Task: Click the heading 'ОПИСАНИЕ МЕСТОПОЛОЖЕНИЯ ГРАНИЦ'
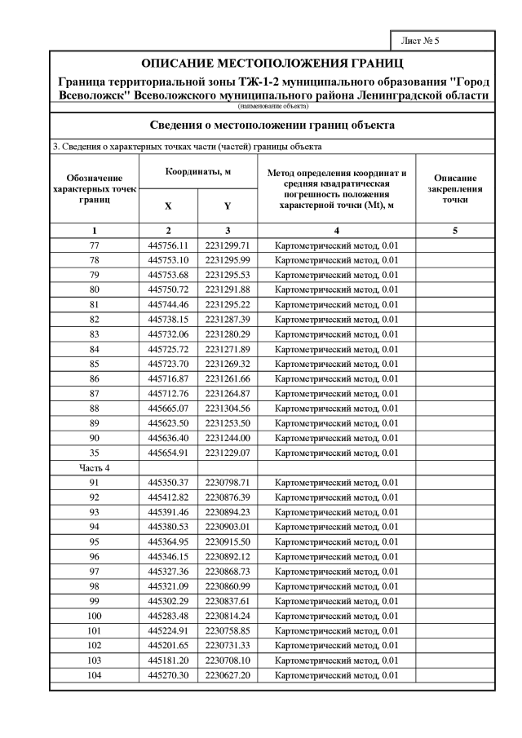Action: tap(272, 64)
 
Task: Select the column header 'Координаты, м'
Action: tap(198, 172)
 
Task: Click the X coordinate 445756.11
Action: tap(168, 245)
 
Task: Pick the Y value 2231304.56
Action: tap(227, 408)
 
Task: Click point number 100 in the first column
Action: tap(95, 616)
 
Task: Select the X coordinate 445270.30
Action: tap(168, 676)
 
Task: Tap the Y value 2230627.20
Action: tap(227, 676)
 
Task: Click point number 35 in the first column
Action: tap(95, 453)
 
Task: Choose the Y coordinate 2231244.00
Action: tap(227, 438)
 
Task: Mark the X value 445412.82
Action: tap(168, 497)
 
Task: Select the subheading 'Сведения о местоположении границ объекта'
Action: tap(272, 126)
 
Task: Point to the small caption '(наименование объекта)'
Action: tap(272, 106)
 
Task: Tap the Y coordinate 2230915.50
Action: tap(227, 542)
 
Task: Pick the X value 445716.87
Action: tap(168, 378)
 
